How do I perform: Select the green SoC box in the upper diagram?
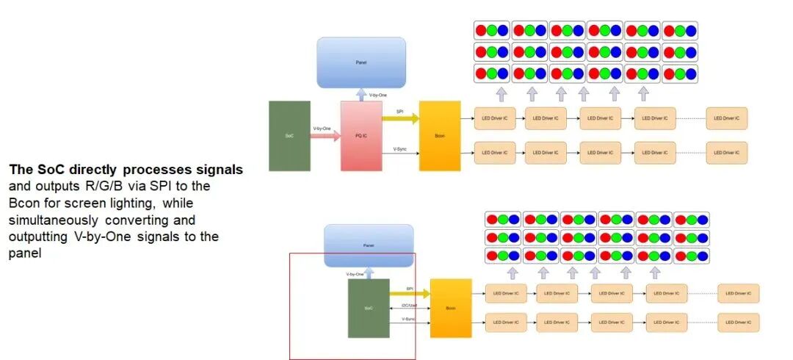coord(289,136)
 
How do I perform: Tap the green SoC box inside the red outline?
coord(369,308)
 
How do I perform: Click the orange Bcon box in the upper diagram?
coord(439,136)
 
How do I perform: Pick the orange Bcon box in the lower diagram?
coord(450,308)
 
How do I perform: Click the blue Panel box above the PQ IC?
coord(361,63)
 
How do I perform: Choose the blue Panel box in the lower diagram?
coord(369,245)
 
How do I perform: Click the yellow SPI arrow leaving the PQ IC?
coord(401,118)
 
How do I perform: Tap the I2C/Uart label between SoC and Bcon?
coord(410,306)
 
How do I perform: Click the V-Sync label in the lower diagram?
coord(408,319)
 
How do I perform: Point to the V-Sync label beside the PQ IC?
coord(400,149)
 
